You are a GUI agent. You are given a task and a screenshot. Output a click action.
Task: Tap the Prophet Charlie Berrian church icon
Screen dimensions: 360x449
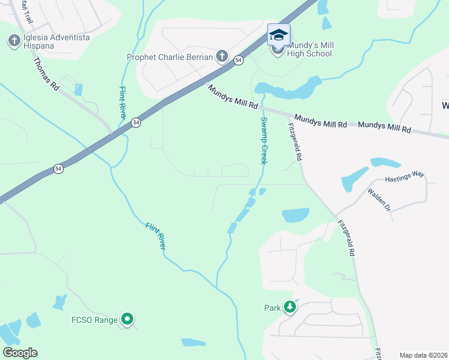(x=221, y=57)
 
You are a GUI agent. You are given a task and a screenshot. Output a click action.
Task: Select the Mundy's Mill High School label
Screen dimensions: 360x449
(x=310, y=49)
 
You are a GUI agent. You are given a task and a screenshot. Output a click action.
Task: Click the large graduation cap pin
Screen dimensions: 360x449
(x=279, y=35)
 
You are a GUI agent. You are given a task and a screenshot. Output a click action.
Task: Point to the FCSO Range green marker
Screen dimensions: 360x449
(x=127, y=320)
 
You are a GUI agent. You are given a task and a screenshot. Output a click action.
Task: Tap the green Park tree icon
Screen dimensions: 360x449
(x=290, y=308)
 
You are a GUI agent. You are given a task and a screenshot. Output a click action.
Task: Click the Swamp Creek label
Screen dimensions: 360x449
(x=263, y=140)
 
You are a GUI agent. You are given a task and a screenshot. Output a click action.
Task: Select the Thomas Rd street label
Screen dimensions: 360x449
(x=46, y=74)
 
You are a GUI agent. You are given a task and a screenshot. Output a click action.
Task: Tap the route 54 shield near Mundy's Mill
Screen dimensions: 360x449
(x=238, y=61)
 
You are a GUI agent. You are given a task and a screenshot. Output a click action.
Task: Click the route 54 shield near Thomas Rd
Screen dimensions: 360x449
(x=136, y=122)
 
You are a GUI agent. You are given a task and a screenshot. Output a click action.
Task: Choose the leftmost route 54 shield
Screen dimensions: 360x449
(x=58, y=169)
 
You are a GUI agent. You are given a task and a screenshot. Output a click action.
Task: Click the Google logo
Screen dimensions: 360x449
(x=20, y=353)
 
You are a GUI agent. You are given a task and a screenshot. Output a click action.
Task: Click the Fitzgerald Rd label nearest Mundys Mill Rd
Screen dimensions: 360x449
(x=295, y=142)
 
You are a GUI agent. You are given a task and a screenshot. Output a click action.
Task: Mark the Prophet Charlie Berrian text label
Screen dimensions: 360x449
(x=170, y=58)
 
